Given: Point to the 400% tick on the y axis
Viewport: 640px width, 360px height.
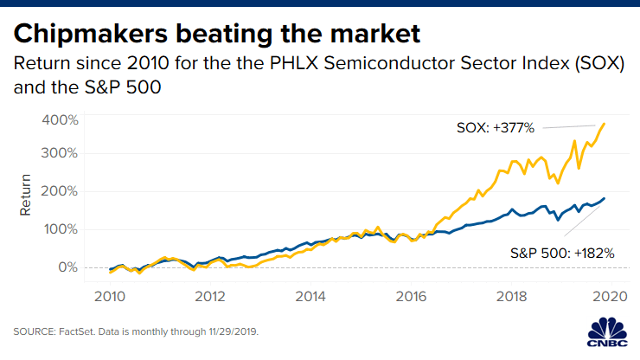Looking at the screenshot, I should click(60, 119).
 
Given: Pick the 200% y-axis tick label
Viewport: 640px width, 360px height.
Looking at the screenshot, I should click(60, 191).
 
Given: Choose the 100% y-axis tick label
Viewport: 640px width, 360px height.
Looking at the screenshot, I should click(60, 229).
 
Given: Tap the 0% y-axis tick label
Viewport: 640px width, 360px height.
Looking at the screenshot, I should click(66, 267).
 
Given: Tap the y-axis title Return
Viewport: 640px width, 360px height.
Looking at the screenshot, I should click(26, 195).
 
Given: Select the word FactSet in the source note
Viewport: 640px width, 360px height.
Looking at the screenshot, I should click(78, 331).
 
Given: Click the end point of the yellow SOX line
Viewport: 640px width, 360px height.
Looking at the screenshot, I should click(604, 124).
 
